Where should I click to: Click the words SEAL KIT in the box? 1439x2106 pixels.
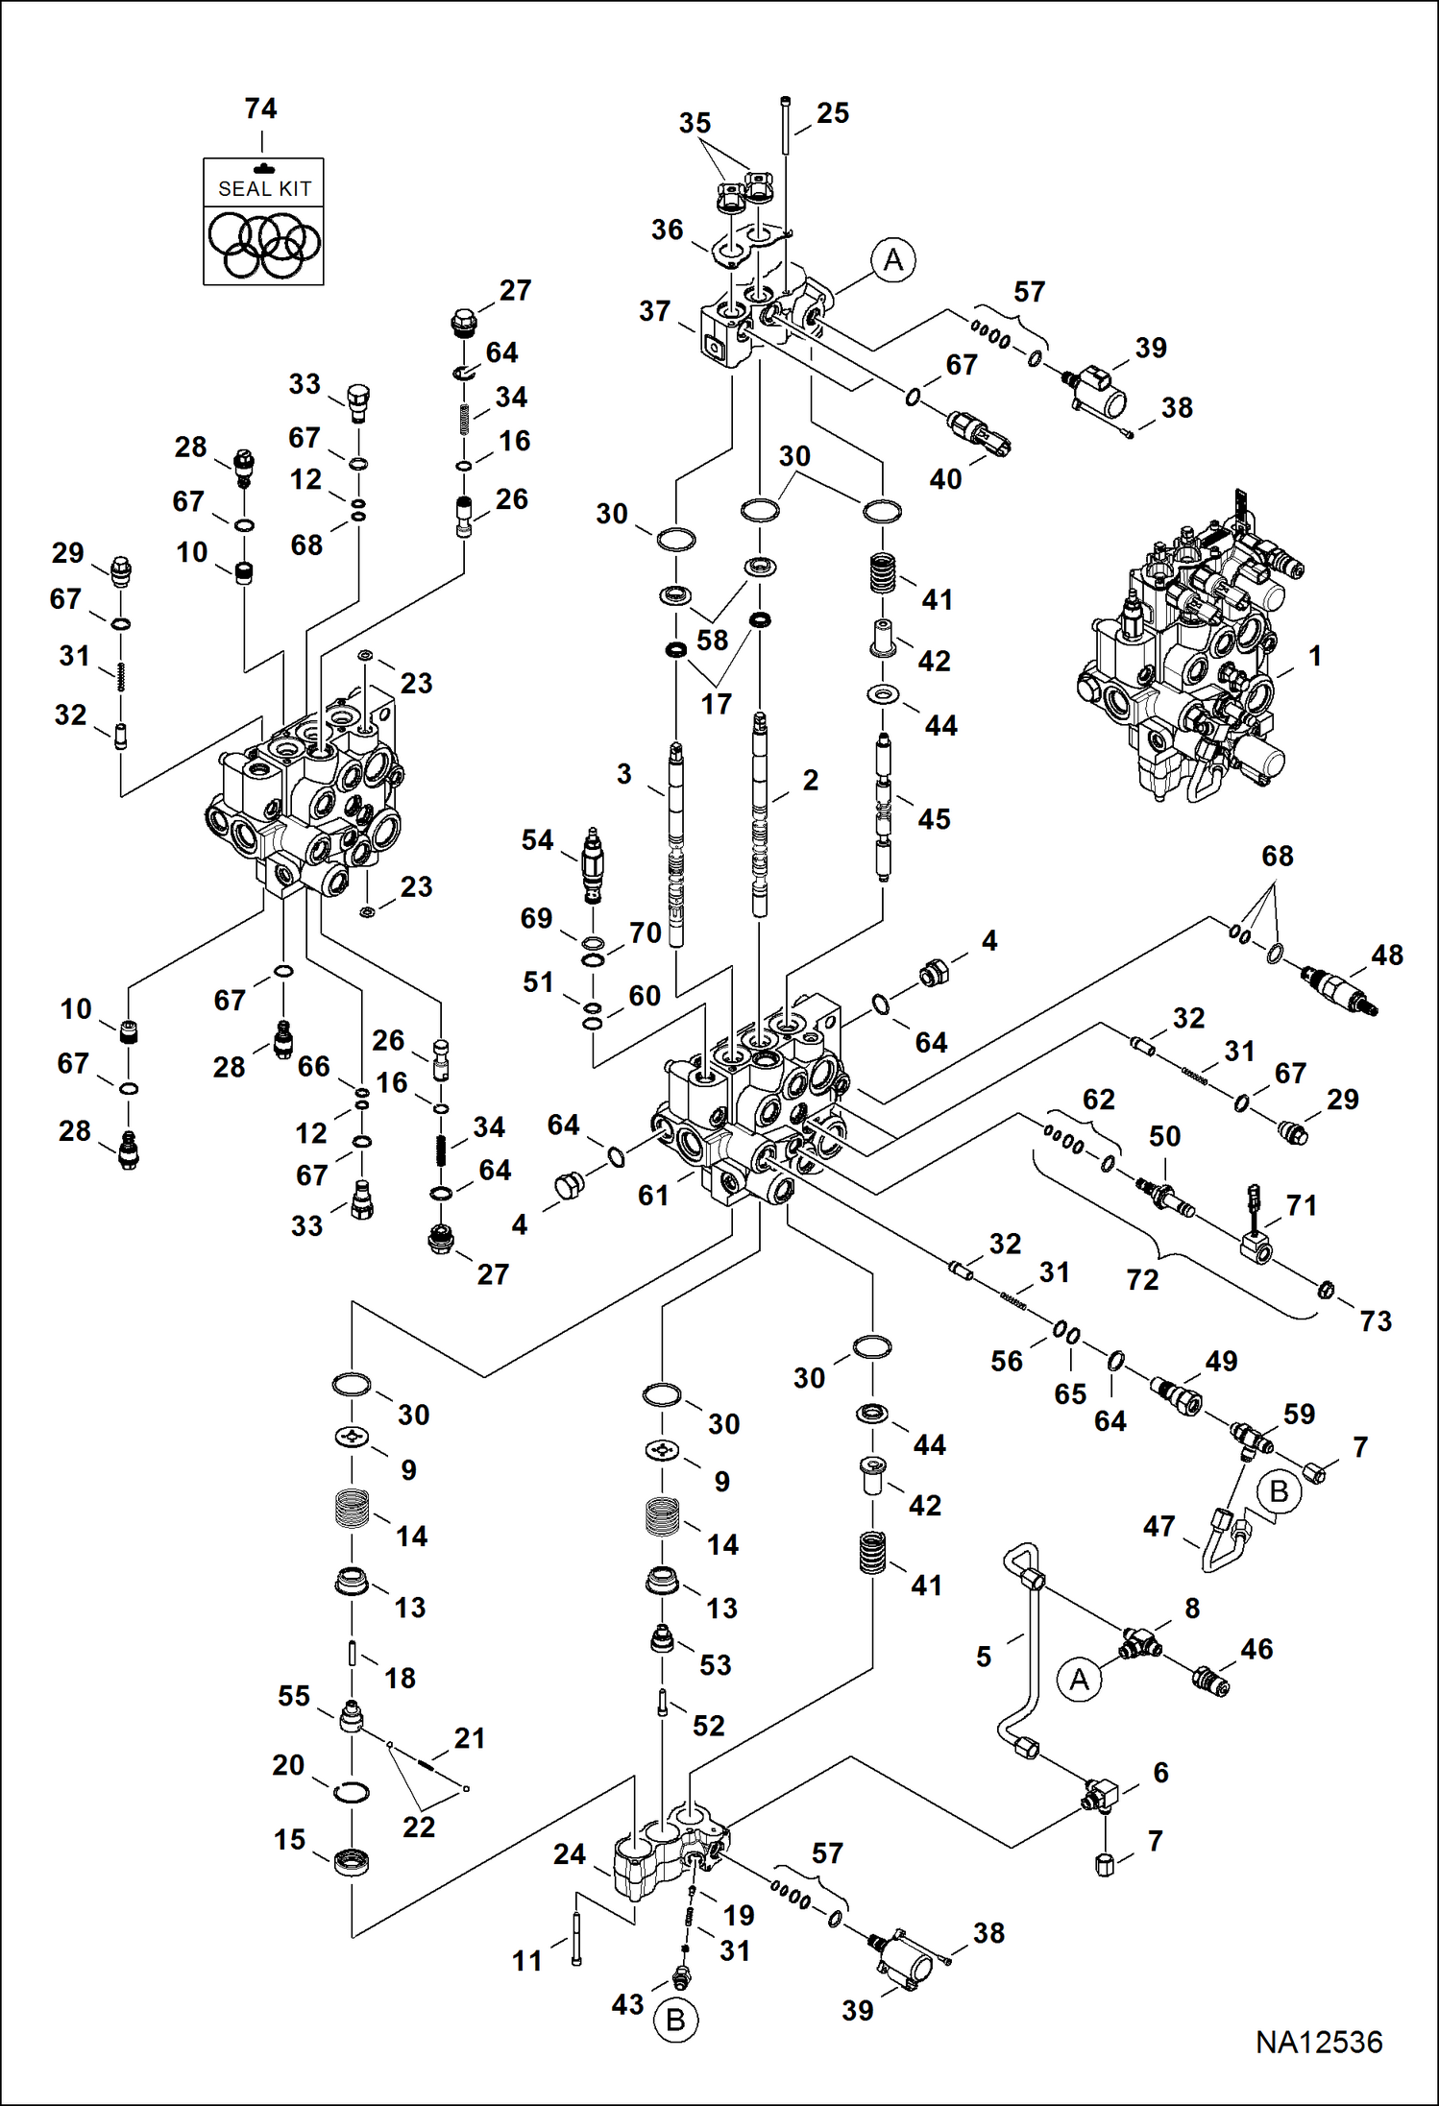[264, 189]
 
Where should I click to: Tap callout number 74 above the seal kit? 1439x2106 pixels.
[260, 109]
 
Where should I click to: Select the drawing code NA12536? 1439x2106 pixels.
[1318, 2042]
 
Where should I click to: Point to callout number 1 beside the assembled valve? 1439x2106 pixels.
[1315, 656]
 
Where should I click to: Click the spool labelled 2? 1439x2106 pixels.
[760, 816]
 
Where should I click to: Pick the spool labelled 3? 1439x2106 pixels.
[676, 845]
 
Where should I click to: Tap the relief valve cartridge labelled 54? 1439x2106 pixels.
[594, 864]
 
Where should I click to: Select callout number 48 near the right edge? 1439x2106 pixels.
[1386, 955]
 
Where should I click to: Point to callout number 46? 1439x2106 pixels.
[1256, 1649]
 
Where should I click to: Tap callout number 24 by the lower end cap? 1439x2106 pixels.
[569, 1853]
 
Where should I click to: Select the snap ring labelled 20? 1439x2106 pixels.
[352, 1791]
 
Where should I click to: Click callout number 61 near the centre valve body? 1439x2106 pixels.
[653, 1195]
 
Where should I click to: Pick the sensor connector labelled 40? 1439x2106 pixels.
[978, 433]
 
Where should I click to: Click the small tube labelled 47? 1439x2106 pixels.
[1226, 1540]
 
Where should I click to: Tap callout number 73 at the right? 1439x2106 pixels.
[1375, 1320]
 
